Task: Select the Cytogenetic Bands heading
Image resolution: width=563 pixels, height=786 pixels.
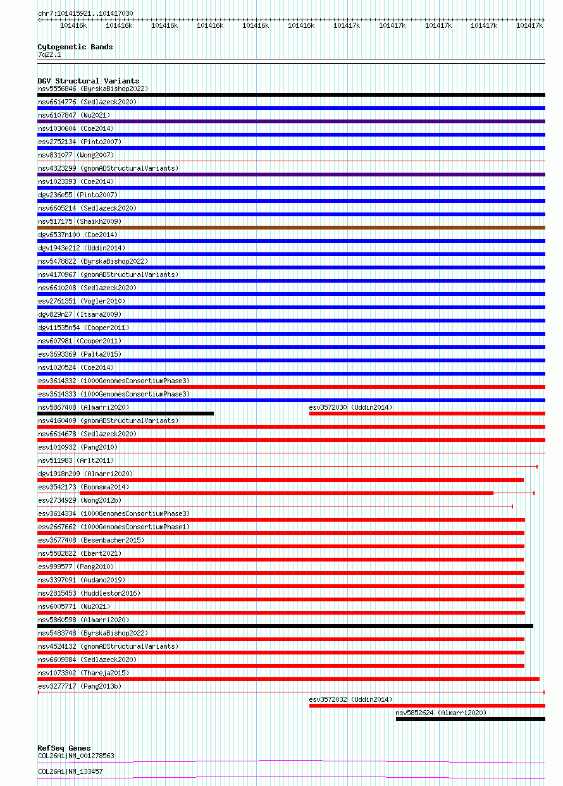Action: [75, 47]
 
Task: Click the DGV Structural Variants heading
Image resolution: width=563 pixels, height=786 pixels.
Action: [88, 81]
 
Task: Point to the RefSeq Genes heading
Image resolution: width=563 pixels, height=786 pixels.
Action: [64, 748]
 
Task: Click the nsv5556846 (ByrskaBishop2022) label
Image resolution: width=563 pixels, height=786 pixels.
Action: [93, 89]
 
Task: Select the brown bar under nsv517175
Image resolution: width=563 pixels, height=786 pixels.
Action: [291, 228]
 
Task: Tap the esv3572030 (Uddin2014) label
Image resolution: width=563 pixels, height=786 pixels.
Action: [350, 407]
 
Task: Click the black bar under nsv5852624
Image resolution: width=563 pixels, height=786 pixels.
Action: [470, 719]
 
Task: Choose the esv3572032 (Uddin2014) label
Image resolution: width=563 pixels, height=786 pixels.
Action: [350, 699]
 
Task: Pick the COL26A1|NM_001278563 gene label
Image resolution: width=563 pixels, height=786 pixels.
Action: [76, 756]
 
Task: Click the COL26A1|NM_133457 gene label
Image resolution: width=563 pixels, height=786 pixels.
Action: [70, 771]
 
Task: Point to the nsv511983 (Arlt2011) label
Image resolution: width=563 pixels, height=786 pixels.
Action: [76, 460]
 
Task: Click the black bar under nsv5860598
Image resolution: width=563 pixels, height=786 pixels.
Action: [285, 626]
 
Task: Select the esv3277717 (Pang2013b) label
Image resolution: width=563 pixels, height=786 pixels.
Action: [80, 686]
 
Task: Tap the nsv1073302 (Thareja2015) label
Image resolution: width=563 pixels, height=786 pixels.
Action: [84, 673]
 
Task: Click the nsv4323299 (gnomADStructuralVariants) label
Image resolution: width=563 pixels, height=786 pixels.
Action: [108, 168]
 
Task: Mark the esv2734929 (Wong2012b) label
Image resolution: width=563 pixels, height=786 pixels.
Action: [80, 500]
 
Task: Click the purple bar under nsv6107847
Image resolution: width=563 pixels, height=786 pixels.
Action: [291, 121]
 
